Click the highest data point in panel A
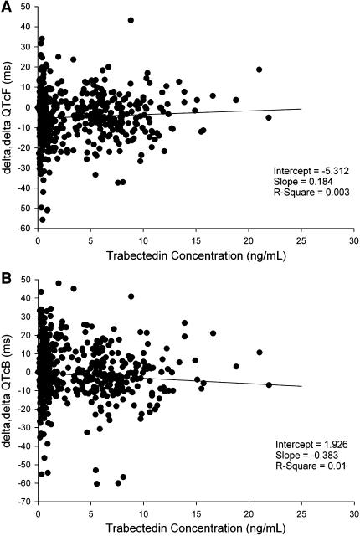coord(131,20)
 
